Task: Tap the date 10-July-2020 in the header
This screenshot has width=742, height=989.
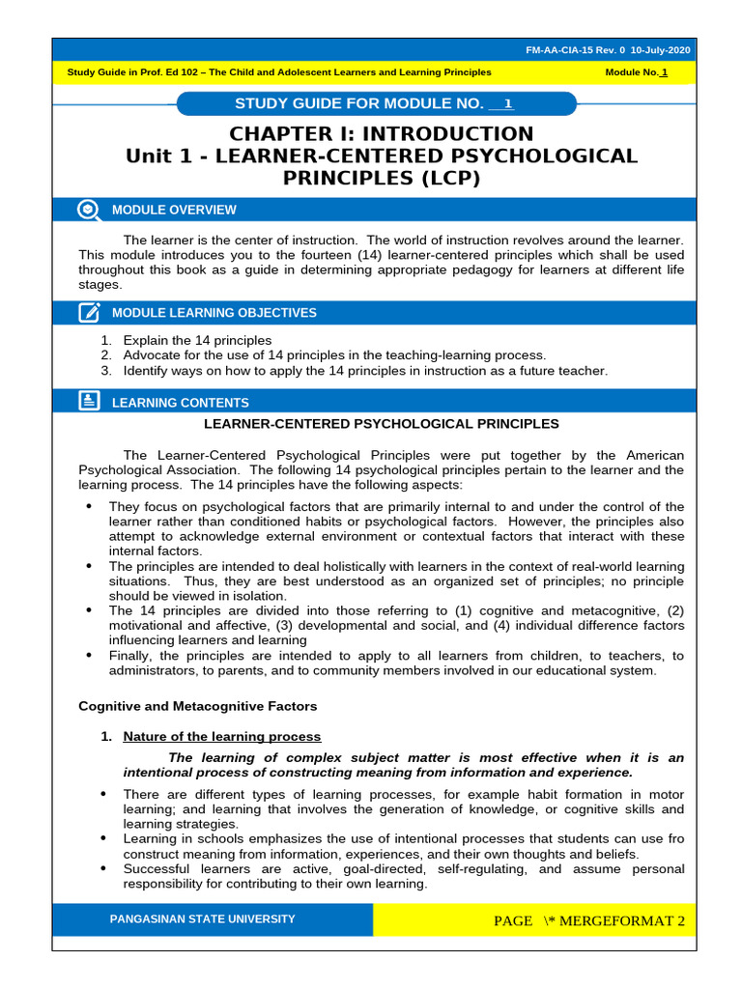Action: click(661, 50)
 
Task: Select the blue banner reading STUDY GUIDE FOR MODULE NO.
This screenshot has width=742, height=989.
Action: click(377, 104)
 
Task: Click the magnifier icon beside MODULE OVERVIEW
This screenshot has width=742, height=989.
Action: click(89, 210)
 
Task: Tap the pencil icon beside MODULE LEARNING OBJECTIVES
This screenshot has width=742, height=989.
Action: click(89, 312)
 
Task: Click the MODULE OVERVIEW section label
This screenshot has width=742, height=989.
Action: click(174, 210)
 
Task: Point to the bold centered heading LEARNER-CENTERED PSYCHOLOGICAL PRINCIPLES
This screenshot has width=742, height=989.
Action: click(381, 423)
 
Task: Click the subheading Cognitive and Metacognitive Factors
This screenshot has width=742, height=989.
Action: click(197, 706)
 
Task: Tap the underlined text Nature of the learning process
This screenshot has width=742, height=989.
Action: click(221, 736)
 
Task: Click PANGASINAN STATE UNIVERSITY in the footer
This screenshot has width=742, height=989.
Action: click(202, 919)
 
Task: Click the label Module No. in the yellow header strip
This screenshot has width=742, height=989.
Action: click(631, 72)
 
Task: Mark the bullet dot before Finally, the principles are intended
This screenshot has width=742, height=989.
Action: click(90, 655)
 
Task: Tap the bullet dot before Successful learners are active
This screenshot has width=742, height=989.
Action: click(103, 868)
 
